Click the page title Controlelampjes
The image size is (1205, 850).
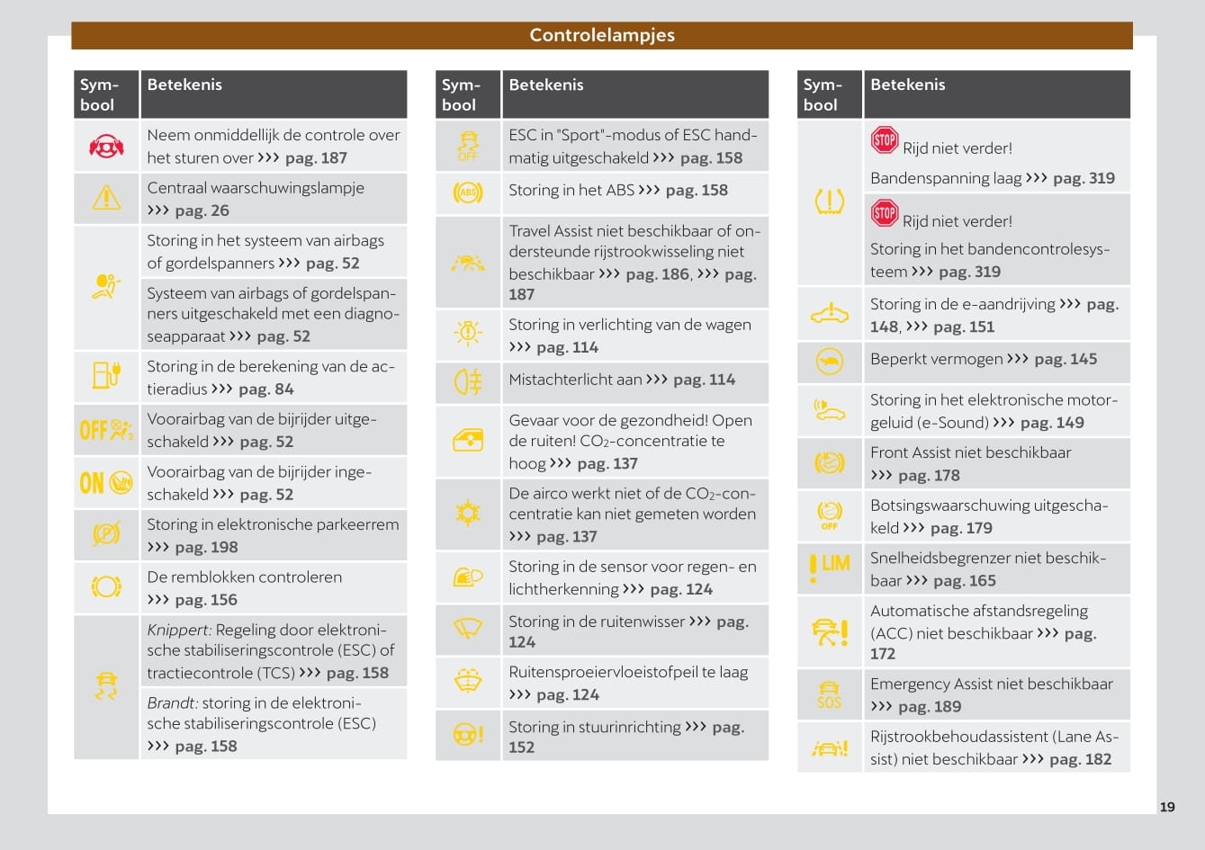tap(601, 35)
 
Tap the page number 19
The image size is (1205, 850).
tap(1167, 807)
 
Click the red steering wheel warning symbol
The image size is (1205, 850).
tap(106, 146)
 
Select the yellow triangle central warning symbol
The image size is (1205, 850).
tap(106, 198)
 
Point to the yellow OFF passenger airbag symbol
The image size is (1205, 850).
tap(106, 430)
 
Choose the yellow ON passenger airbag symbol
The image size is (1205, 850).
tap(106, 483)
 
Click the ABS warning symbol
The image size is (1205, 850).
tap(468, 192)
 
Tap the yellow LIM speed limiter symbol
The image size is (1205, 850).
tap(829, 568)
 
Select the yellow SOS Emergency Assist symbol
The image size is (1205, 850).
tap(829, 694)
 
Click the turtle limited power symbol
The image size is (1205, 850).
tap(829, 361)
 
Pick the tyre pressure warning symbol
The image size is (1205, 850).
tap(829, 201)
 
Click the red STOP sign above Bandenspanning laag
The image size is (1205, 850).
tap(884, 140)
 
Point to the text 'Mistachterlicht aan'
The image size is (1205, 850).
tap(573, 380)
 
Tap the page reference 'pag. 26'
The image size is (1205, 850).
tap(202, 210)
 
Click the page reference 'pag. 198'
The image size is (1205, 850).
tap(206, 547)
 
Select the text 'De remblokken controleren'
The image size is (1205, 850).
tap(244, 577)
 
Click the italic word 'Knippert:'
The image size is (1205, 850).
tap(179, 630)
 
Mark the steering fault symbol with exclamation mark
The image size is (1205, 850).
tap(468, 734)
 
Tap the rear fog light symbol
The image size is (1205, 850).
tap(468, 382)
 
